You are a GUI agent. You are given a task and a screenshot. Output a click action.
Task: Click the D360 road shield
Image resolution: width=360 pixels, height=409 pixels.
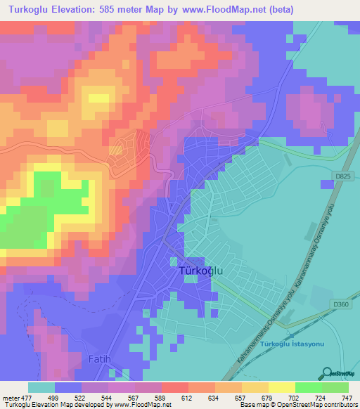tap(340, 304)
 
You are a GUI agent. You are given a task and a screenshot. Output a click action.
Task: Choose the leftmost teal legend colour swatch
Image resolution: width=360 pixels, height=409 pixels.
tap(41, 387)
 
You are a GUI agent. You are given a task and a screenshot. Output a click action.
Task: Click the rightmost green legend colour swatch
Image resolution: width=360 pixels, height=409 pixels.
tap(335, 387)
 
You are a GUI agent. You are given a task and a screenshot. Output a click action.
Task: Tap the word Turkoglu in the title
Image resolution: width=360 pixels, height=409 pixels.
tap(27, 10)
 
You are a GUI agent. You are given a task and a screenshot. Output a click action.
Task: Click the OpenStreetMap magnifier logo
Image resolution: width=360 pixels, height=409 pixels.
tap(328, 372)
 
